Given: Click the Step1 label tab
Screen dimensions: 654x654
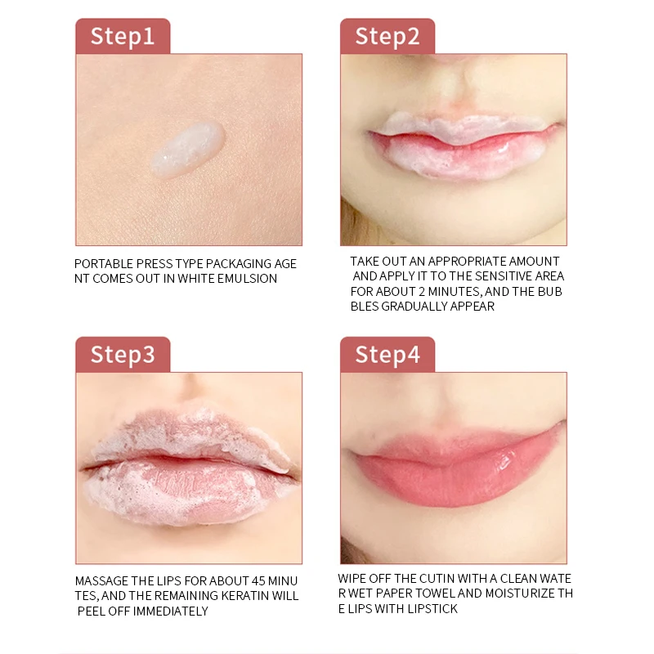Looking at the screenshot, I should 123,36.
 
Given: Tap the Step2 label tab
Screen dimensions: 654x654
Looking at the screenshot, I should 387,36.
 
